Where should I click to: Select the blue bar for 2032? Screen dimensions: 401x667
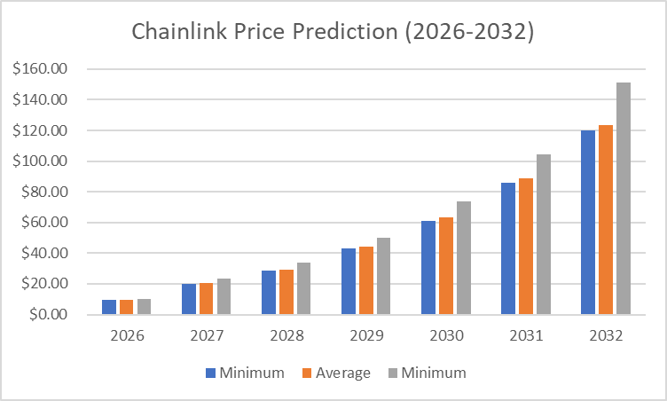click(588, 223)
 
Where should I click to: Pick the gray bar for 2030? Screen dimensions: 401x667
click(464, 258)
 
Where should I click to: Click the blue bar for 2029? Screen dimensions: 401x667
click(349, 281)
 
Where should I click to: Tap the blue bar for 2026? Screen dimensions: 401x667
click(109, 307)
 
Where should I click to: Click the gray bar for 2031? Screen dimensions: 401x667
click(544, 234)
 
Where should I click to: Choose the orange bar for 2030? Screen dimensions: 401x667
click(446, 265)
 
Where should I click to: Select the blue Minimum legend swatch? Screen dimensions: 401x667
click(211, 373)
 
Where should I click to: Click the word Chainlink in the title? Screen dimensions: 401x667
click(174, 31)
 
